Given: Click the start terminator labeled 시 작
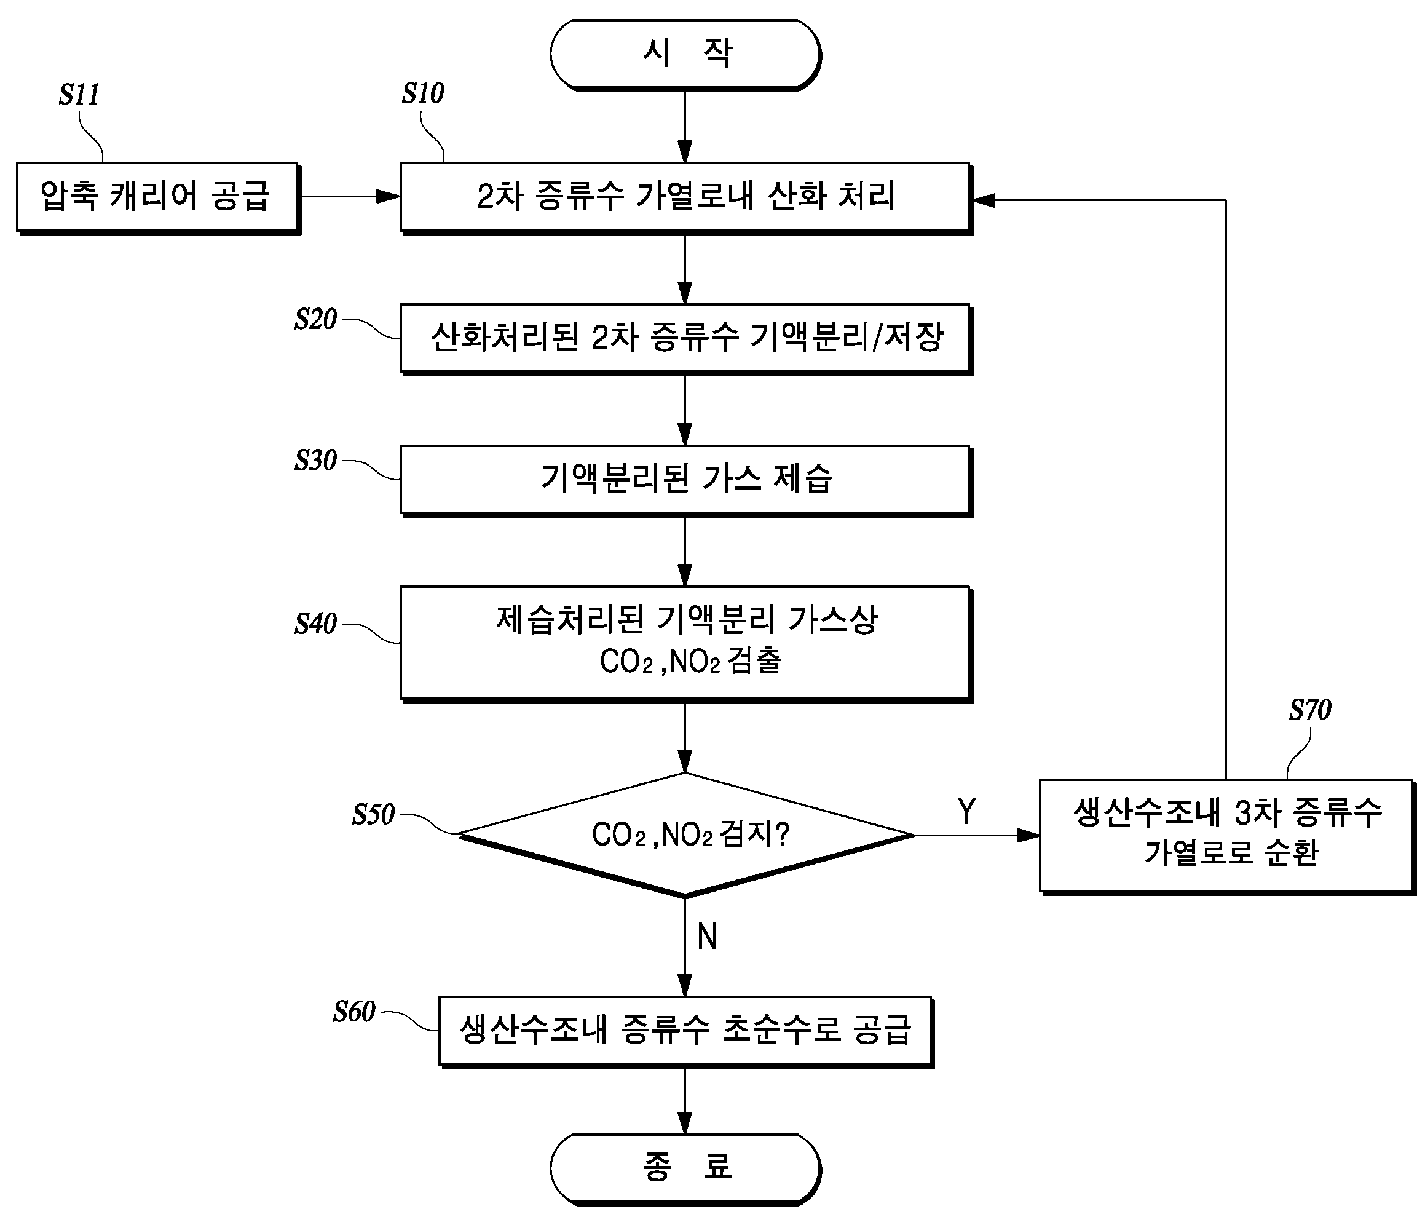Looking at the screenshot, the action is coord(685,54).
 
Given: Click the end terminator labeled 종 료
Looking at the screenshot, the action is coord(685,1168).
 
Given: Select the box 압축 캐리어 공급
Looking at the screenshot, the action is coord(158,198).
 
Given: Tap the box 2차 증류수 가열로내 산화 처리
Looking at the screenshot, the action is coord(685,198).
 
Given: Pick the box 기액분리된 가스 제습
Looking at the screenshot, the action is coord(685,480).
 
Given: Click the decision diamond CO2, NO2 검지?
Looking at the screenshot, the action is coord(685,835).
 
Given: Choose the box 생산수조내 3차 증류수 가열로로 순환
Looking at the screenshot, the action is coord(1227,836).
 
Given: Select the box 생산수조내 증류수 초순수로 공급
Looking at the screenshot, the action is coord(685,1032).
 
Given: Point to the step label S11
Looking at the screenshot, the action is coord(79,95).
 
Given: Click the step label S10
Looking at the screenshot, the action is coord(423,93).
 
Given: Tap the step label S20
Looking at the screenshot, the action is coord(315,320).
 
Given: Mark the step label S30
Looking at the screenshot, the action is coord(315,461).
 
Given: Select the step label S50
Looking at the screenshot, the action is coord(373,815).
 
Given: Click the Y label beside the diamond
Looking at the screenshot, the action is coord(967,812).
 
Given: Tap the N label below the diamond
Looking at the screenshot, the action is coord(708,937).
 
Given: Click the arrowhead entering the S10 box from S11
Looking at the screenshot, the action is coord(389,197).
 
